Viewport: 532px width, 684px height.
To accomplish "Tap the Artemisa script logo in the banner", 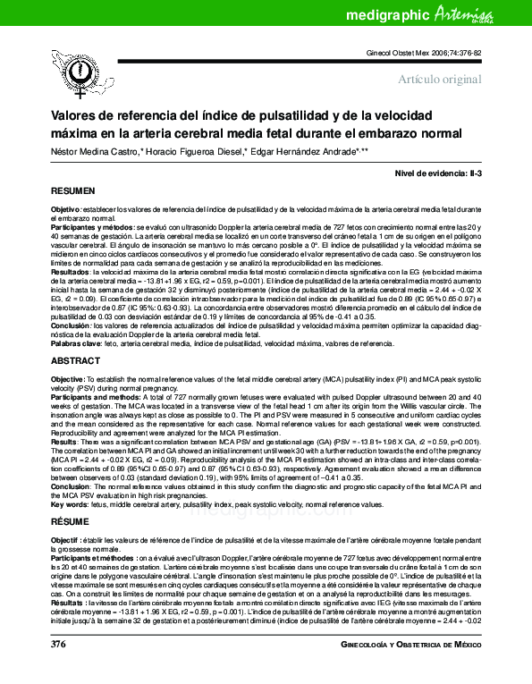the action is pyautogui.click(x=486, y=13).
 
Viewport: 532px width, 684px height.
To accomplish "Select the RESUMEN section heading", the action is pyautogui.click(x=72, y=192).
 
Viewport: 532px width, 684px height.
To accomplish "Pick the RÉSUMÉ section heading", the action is pyautogui.click(x=70, y=519).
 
